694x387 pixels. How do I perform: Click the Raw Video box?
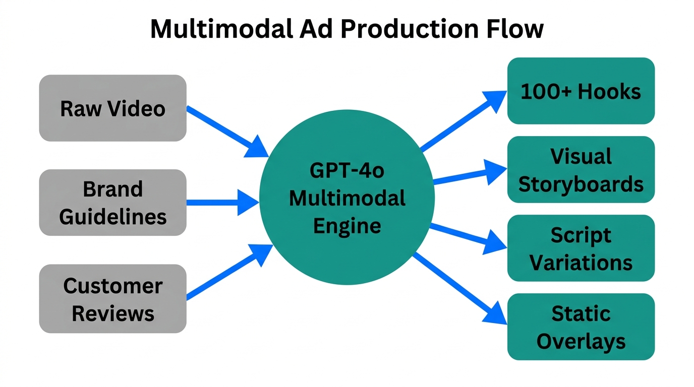point(112,108)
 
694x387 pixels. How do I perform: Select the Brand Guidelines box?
point(112,203)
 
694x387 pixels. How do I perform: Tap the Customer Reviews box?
point(112,299)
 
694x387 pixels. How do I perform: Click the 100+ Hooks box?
point(581,91)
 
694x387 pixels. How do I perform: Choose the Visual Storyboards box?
point(581,170)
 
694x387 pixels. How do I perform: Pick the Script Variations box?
point(581,248)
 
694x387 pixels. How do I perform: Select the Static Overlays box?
point(581,327)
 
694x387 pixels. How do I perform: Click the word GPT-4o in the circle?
point(347,171)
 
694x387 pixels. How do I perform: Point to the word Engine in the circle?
point(347,225)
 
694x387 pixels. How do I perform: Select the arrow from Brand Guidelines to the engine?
point(222,203)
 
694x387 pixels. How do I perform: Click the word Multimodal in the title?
point(221,30)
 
